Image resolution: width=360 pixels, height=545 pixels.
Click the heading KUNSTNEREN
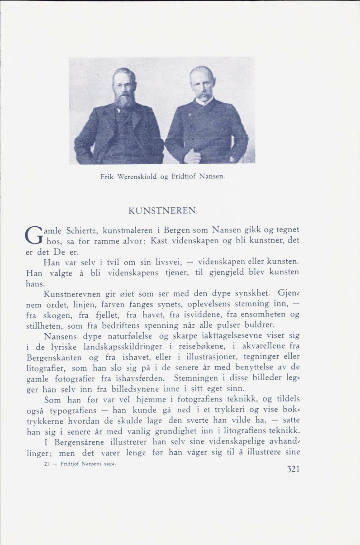pos(162,210)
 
